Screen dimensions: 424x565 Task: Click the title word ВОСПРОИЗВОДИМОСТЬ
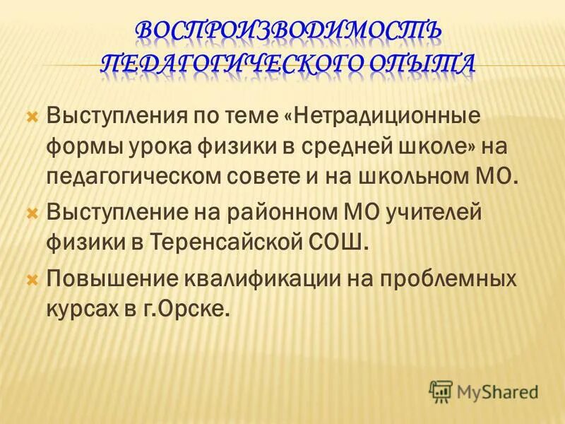point(287,30)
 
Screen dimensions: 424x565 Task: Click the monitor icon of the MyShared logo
point(441,390)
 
